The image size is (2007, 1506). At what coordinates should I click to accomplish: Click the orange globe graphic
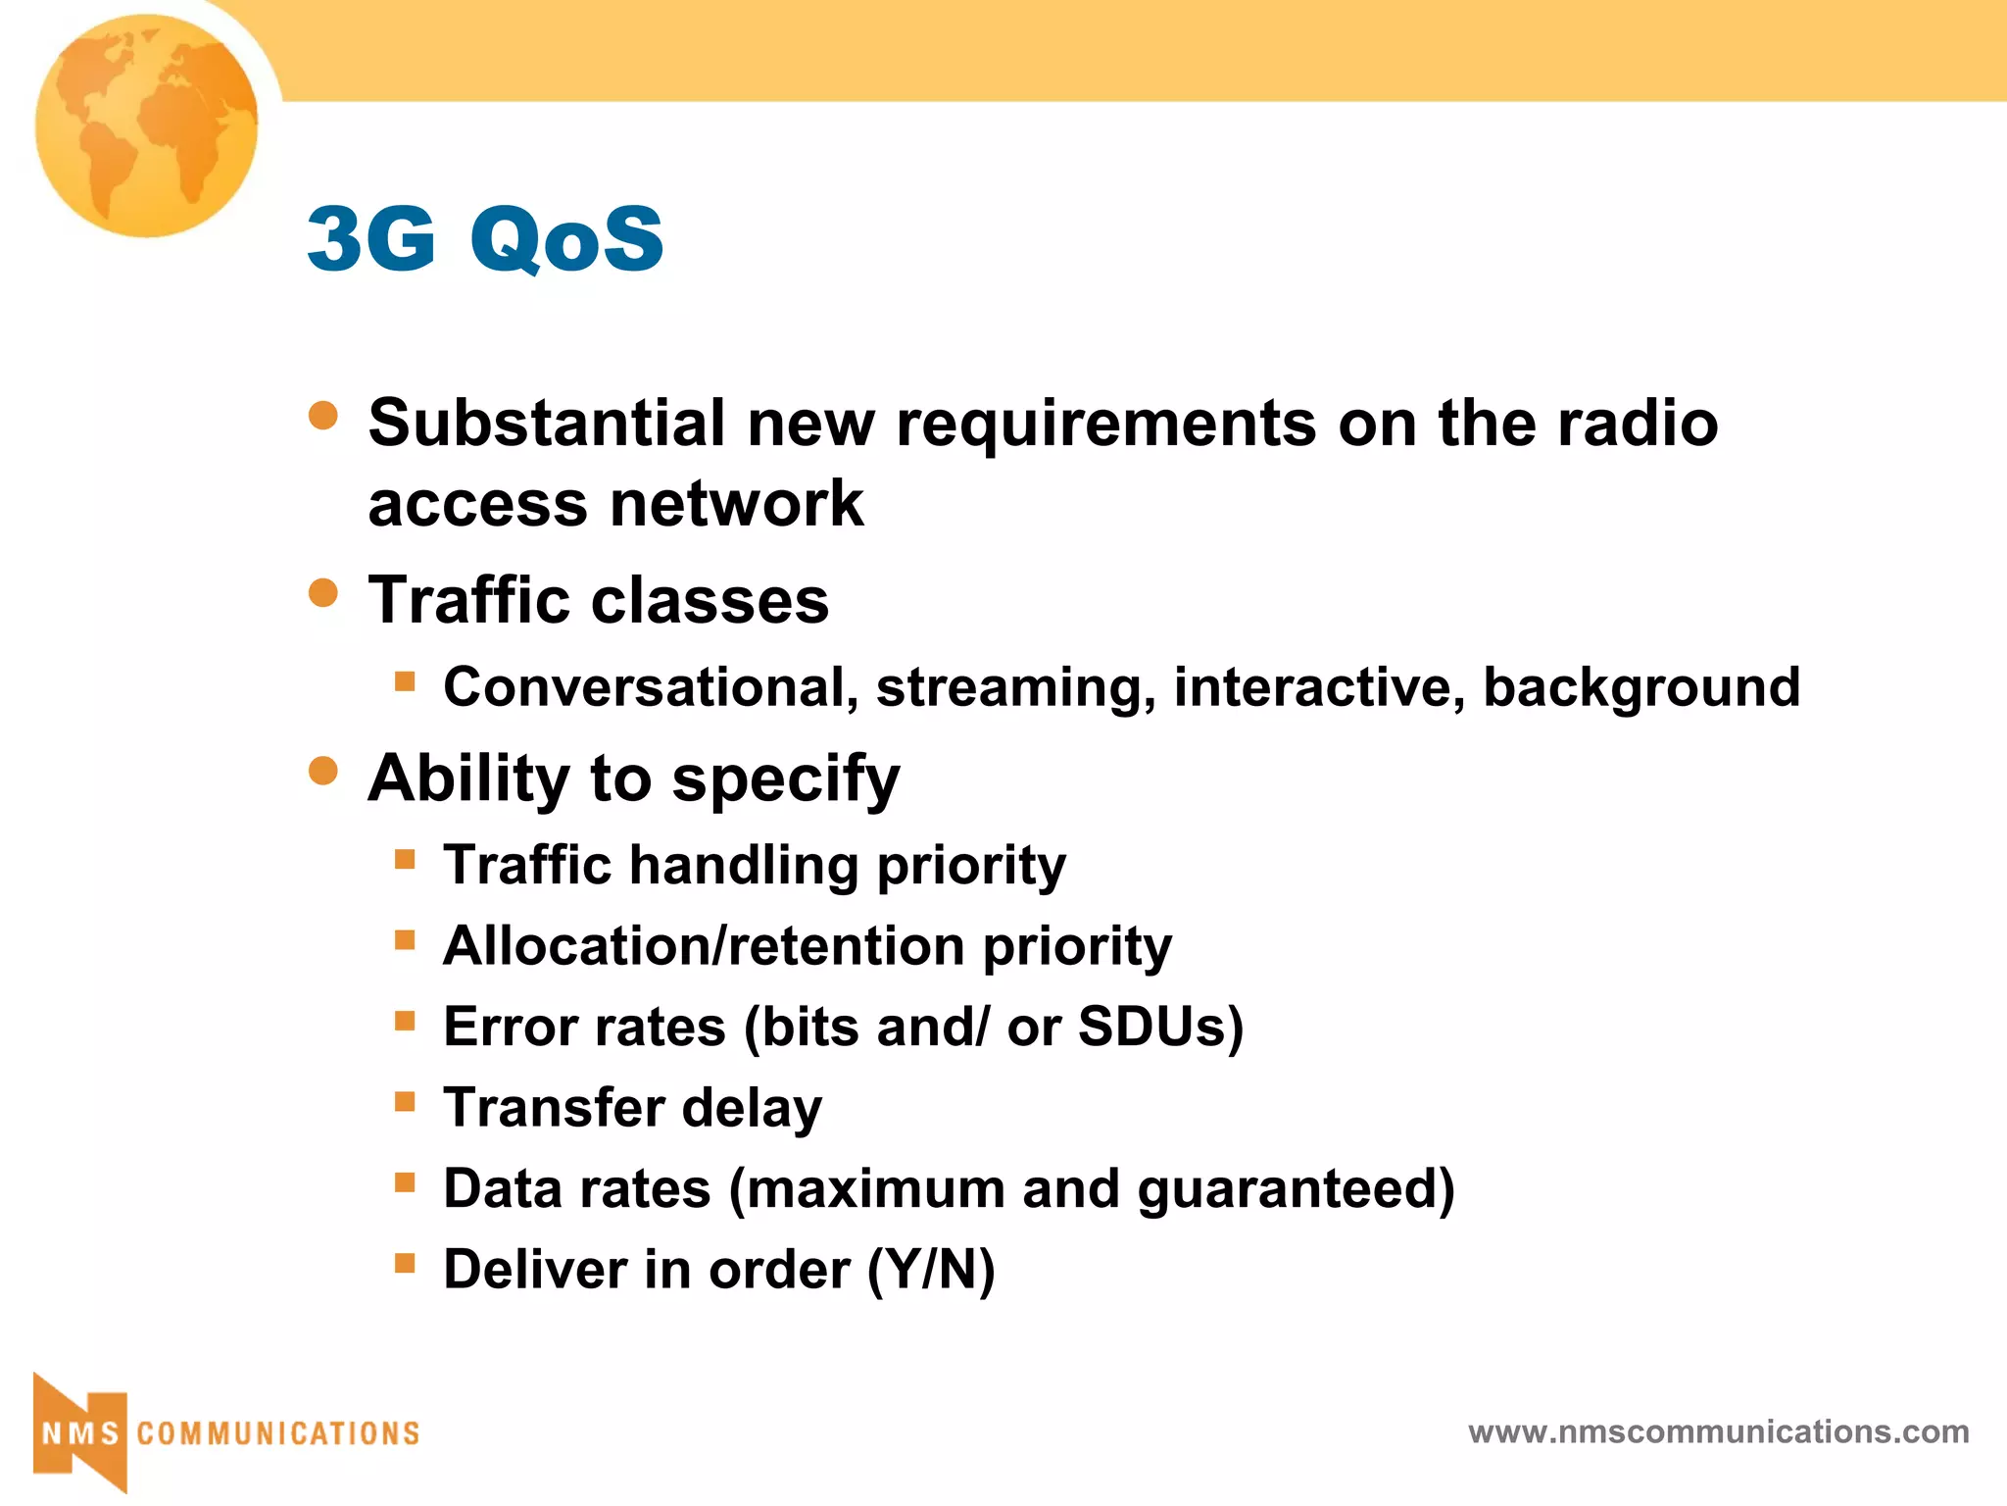point(147,125)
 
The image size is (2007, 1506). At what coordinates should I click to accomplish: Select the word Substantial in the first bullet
point(547,424)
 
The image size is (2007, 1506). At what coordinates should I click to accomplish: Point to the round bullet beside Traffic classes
point(322,593)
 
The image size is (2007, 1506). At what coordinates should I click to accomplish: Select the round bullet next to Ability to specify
point(322,771)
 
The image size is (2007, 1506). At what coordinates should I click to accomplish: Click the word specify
point(786,780)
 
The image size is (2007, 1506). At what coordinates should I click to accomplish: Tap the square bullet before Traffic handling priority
point(405,860)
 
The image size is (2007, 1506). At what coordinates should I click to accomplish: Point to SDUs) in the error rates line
point(1160,1028)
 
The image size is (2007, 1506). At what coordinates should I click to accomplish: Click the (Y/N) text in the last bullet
point(931,1271)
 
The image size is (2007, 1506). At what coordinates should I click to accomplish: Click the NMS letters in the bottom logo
point(80,1433)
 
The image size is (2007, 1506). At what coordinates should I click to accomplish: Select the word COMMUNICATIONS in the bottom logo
point(278,1433)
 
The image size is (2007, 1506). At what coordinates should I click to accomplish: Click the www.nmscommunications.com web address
point(1718,1432)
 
